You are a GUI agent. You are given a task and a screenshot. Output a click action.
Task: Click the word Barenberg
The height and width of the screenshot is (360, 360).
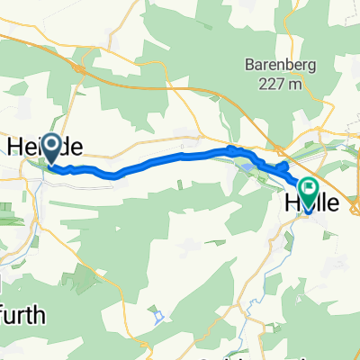coord(274,65)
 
